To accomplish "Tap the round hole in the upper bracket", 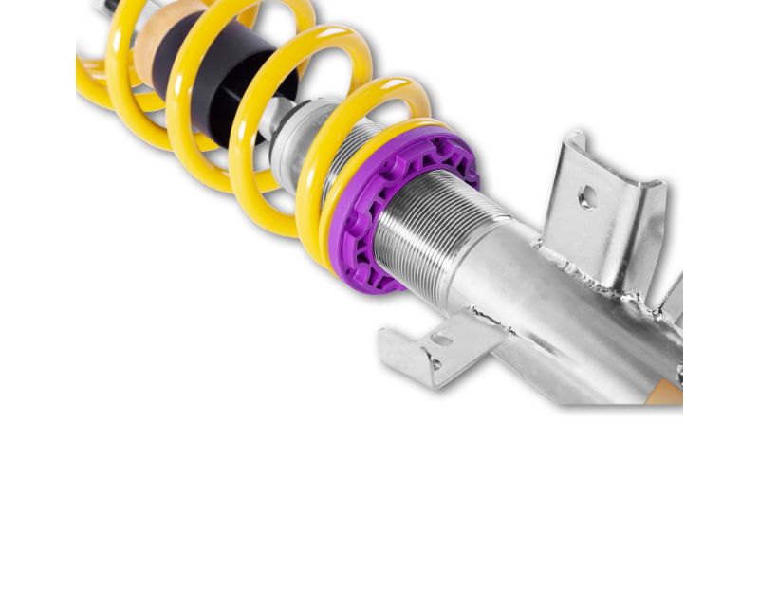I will (587, 198).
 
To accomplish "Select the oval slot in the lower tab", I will (442, 339).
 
